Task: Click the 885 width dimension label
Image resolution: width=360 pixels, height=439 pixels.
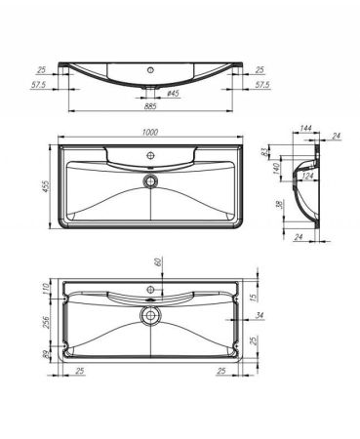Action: (x=150, y=109)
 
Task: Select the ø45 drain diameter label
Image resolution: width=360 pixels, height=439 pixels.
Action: (x=172, y=94)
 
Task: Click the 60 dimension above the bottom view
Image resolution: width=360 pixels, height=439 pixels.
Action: (x=156, y=263)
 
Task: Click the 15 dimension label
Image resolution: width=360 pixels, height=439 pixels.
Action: (x=251, y=296)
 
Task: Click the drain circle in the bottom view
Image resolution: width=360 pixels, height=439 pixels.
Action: (x=150, y=316)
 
